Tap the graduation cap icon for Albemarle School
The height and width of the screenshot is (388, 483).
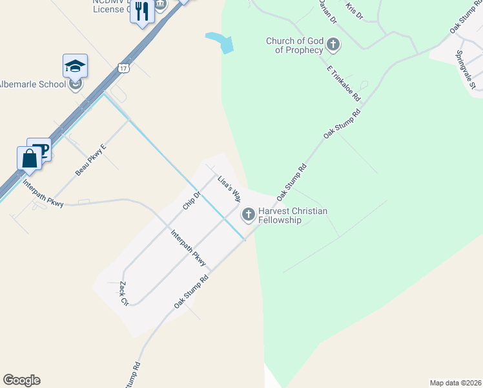point(76,66)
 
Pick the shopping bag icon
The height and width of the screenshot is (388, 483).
point(29,158)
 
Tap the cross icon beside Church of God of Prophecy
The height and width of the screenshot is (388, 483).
point(333,45)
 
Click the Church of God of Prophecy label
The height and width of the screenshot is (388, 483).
point(294,45)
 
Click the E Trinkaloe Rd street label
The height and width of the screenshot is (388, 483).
point(344,82)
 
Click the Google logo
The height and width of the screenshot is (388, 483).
point(21,380)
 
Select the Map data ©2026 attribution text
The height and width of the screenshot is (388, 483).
point(455,383)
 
